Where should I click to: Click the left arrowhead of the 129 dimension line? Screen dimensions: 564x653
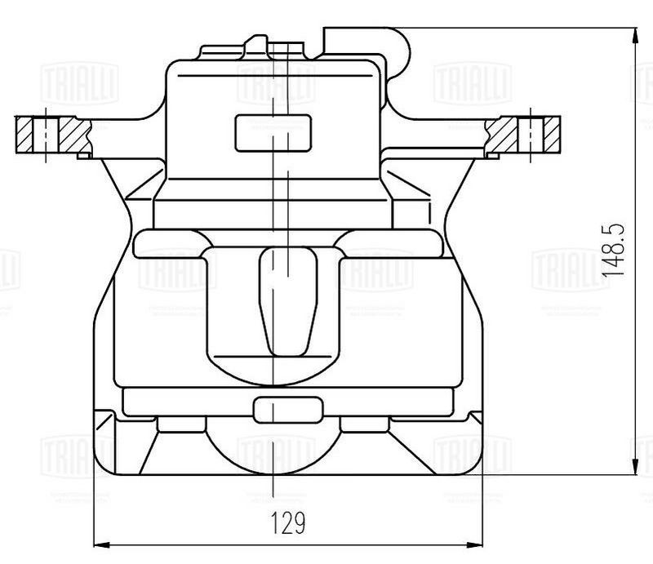[100, 544]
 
